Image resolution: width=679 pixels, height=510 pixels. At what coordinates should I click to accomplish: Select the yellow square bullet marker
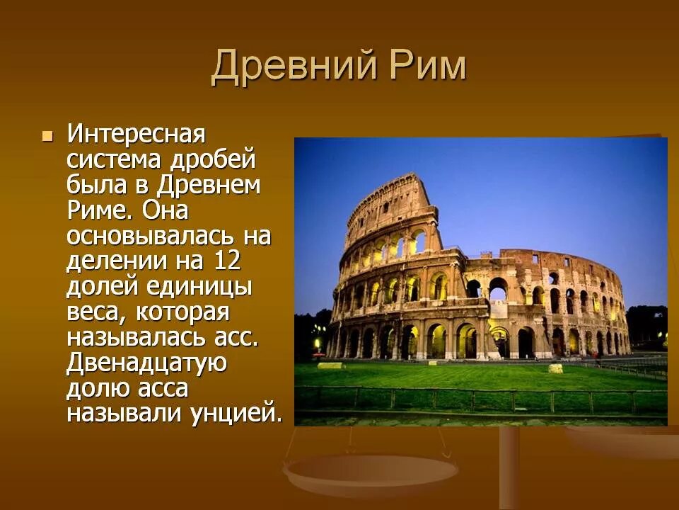[x=48, y=135]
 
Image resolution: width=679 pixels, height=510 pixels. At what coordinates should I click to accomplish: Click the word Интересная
[x=136, y=133]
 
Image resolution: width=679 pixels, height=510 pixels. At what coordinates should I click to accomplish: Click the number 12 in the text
[x=226, y=261]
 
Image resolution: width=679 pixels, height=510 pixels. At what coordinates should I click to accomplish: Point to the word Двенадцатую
[x=146, y=363]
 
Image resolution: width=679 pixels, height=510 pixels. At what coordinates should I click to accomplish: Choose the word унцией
[x=231, y=414]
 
